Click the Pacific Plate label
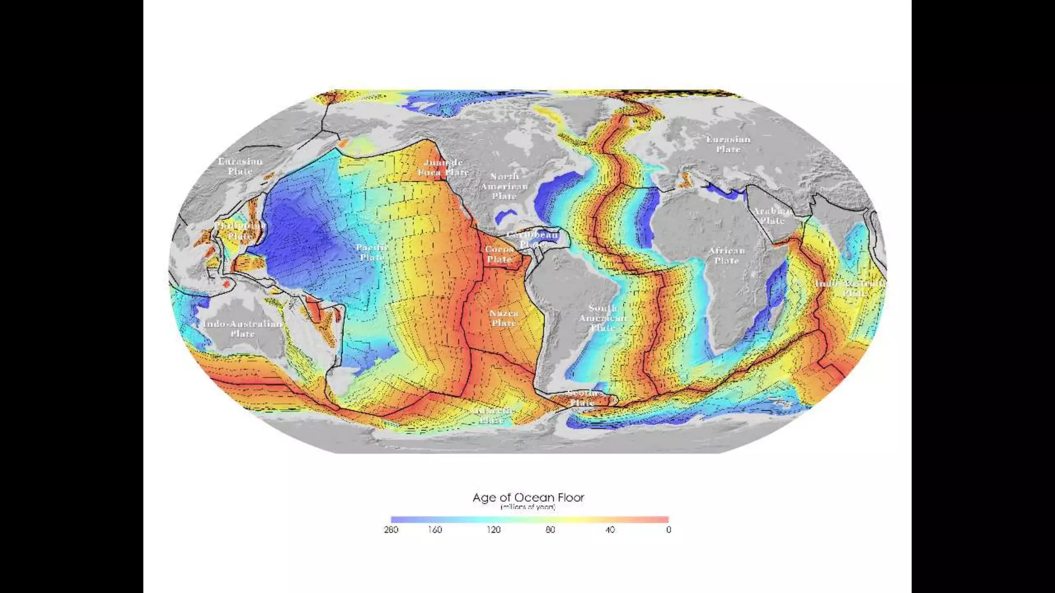(x=372, y=252)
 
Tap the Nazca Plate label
(x=504, y=318)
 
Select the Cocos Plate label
(x=499, y=254)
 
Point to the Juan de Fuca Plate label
(x=443, y=167)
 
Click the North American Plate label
(x=504, y=186)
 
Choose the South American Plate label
(x=603, y=318)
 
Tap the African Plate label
(x=726, y=255)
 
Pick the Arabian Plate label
(x=772, y=216)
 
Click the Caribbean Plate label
(x=533, y=239)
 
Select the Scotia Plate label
(x=583, y=398)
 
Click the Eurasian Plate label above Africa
(x=728, y=144)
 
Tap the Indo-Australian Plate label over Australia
(x=243, y=328)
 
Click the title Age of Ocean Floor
(x=528, y=498)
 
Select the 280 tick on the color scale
(x=391, y=530)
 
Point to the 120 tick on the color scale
(x=494, y=530)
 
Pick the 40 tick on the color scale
(x=610, y=530)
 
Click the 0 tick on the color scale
(x=668, y=530)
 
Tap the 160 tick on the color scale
(x=435, y=530)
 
